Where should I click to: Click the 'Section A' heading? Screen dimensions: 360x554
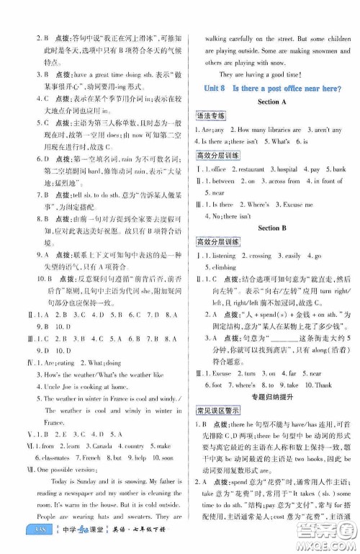(268, 102)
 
